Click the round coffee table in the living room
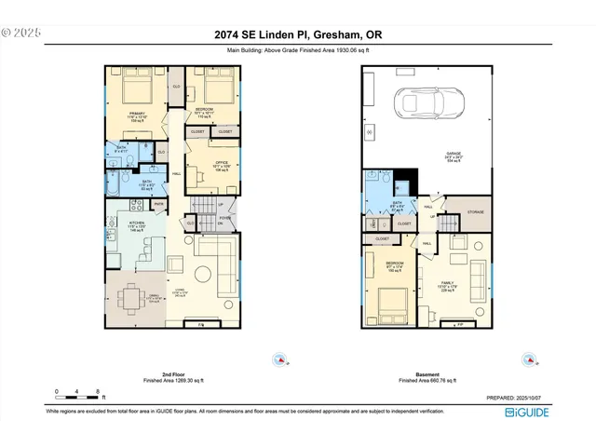click(203, 272)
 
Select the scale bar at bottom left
click(79, 391)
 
